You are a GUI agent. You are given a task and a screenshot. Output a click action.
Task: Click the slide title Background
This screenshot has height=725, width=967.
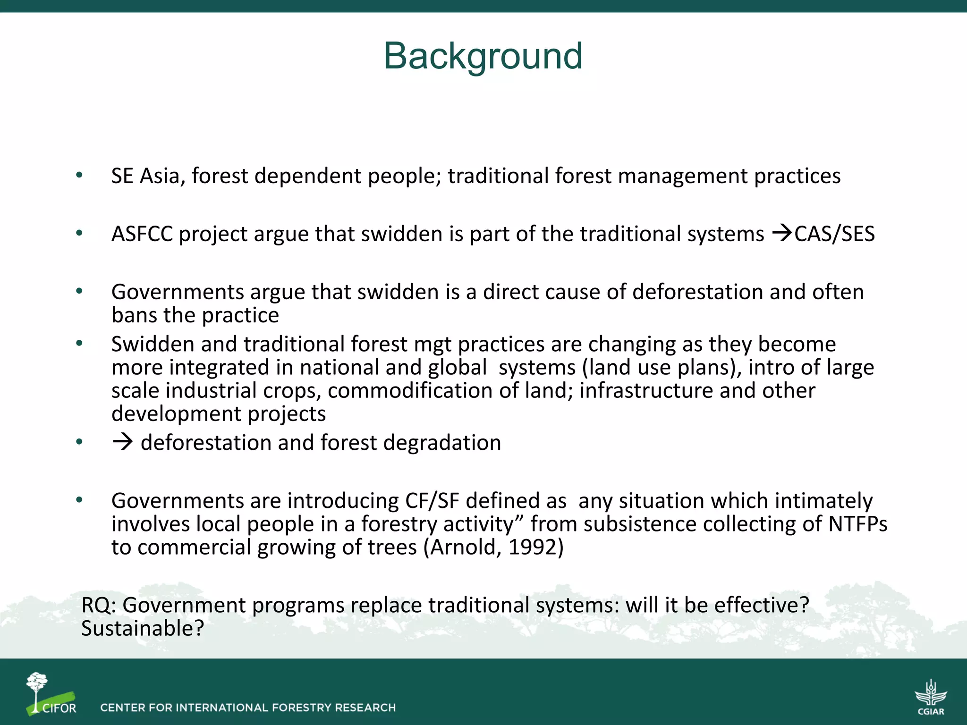tap(483, 56)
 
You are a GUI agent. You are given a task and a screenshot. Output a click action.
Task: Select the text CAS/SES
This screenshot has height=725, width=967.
tap(834, 234)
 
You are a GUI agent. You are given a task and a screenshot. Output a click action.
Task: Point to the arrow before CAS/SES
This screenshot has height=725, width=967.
tap(782, 233)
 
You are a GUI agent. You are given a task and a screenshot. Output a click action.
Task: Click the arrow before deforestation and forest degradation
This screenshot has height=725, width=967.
tap(123, 442)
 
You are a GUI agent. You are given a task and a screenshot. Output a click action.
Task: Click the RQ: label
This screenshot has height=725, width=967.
tap(99, 606)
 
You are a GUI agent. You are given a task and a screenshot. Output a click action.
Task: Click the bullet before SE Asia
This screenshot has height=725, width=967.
tap(79, 176)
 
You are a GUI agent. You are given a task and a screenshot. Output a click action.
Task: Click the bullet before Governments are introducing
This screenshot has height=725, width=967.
tap(79, 500)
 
